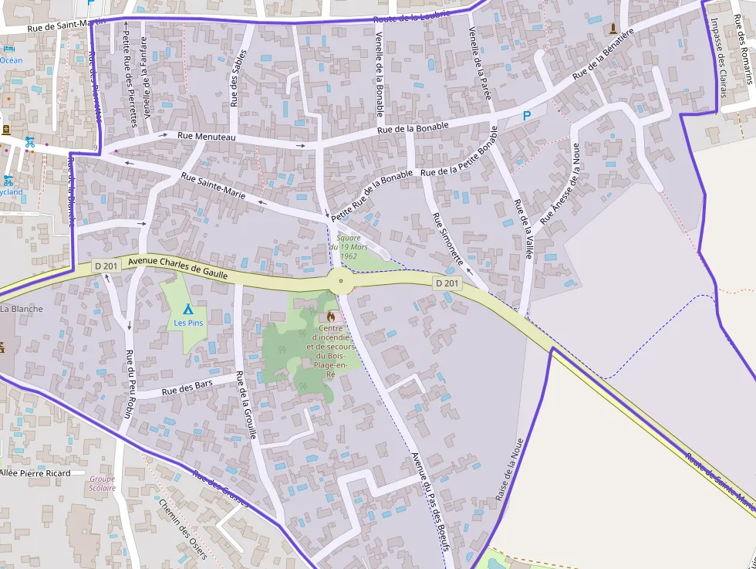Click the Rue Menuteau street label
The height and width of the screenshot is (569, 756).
pyautogui.click(x=207, y=137)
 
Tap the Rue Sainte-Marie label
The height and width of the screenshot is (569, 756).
pyautogui.click(x=213, y=187)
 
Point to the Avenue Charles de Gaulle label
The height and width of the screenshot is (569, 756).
pyautogui.click(x=178, y=266)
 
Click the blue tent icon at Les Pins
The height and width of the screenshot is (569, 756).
pyautogui.click(x=188, y=309)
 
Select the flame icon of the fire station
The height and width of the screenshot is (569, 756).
pyautogui.click(x=331, y=317)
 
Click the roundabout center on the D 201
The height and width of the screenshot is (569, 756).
pyautogui.click(x=341, y=281)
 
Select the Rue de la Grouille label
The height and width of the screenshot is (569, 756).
pyautogui.click(x=246, y=405)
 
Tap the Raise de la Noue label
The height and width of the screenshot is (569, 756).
pyautogui.click(x=509, y=470)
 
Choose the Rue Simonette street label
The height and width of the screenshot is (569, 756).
pyautogui.click(x=447, y=239)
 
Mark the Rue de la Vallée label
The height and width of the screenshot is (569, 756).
pyautogui.click(x=524, y=229)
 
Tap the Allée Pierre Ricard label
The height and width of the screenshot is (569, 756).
pyautogui.click(x=35, y=472)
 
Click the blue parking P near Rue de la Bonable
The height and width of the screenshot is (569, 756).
pyautogui.click(x=528, y=116)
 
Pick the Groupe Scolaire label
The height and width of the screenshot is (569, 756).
pyautogui.click(x=102, y=483)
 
